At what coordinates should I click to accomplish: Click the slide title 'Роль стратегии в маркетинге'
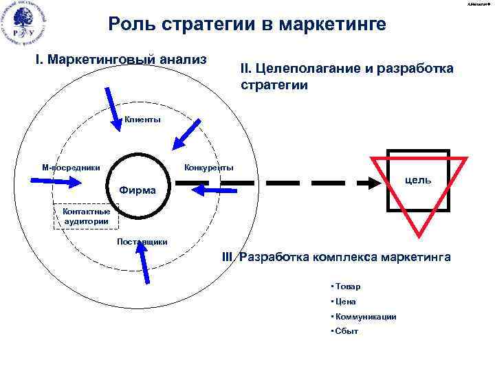click(x=247, y=25)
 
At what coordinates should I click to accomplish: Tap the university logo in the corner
click(x=25, y=25)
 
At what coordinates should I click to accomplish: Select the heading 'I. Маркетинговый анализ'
click(x=121, y=59)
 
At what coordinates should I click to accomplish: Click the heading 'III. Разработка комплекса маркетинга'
click(x=337, y=257)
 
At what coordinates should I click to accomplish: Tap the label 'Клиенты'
click(x=142, y=120)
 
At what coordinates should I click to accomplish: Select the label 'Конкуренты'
click(x=209, y=167)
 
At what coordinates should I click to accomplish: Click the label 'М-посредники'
click(x=71, y=167)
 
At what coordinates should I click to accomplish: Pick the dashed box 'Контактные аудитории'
click(x=87, y=216)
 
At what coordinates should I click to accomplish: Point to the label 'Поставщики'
click(x=142, y=241)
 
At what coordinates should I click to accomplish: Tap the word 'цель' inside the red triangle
click(x=418, y=179)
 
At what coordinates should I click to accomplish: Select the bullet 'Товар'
click(x=347, y=286)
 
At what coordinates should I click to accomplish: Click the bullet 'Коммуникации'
click(x=364, y=317)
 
